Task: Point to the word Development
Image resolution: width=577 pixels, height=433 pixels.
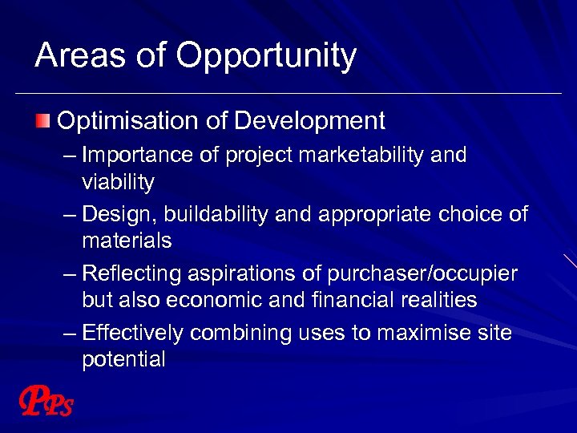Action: pos(309,122)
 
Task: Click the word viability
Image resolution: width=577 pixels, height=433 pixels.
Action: pos(118,183)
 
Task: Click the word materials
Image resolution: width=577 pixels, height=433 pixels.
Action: pos(127,241)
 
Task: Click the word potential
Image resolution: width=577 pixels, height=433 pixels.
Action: pos(123,360)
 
